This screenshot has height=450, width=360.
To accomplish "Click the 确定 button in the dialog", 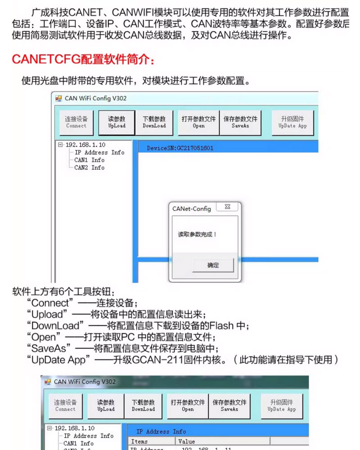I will [x=213, y=265].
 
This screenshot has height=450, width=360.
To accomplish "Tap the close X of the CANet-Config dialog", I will [x=228, y=207].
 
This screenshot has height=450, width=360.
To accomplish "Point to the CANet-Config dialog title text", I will [x=191, y=209].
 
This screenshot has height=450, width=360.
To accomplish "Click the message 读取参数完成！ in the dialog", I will [x=197, y=234].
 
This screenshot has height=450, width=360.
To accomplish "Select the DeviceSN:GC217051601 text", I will [x=180, y=148].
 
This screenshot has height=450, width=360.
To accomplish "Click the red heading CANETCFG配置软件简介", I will [x=85, y=59].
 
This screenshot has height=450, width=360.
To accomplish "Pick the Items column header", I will [x=139, y=441].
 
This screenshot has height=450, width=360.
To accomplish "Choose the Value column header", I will [x=186, y=441].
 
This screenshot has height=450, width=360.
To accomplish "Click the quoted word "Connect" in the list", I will [x=51, y=303].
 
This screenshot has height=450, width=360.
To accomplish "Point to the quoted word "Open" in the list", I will [x=44, y=337].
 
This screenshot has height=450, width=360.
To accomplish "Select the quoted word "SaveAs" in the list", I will [x=49, y=348].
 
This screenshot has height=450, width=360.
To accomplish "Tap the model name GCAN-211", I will [x=152, y=360].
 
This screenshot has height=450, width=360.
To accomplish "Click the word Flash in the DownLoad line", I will [x=221, y=325].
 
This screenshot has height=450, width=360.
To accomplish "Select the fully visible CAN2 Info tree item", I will [x=89, y=168].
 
